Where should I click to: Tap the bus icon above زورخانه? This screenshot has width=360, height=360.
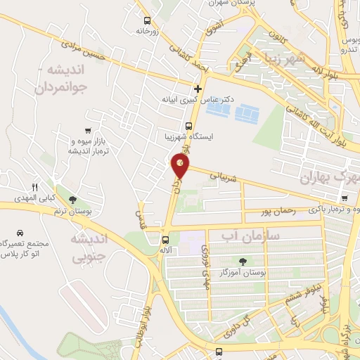pyautogui.click(x=147, y=20)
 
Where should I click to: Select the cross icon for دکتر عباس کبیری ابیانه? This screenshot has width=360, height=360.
pyautogui.click(x=198, y=89)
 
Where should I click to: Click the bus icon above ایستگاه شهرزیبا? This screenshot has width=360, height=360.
pyautogui.click(x=188, y=126)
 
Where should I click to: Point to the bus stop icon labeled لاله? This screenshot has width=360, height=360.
pyautogui.click(x=165, y=240)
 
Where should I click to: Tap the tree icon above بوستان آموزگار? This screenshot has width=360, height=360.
pyautogui.click(x=243, y=262)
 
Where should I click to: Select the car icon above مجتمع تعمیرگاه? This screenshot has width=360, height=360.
pyautogui.click(x=19, y=233)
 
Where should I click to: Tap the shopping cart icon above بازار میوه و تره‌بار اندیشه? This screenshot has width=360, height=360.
pyautogui.click(x=87, y=131)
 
